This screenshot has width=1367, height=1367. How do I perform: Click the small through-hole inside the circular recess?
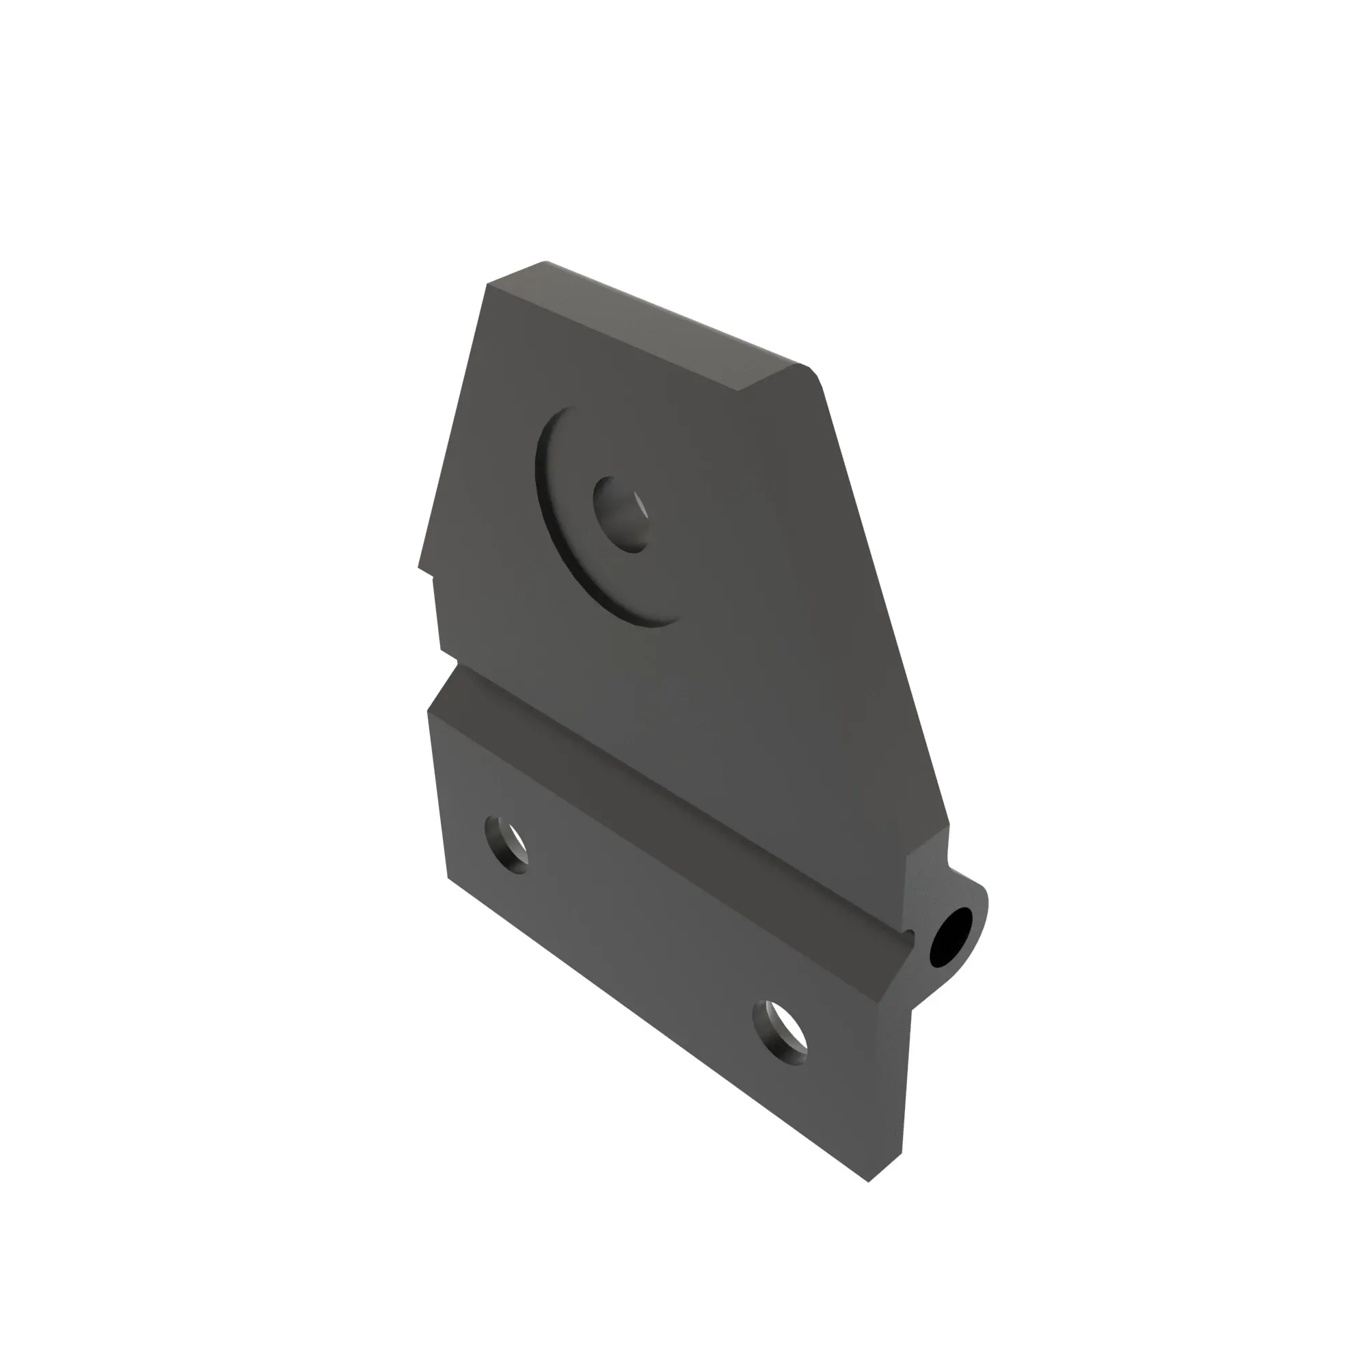pos(621,515)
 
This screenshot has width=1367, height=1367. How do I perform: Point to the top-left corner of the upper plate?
pos(488,284)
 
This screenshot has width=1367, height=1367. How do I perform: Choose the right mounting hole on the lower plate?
pos(780,1032)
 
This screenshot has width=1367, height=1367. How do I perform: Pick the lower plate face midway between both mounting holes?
pos(644,941)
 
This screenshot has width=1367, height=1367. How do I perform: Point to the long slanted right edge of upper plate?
pos(884,601)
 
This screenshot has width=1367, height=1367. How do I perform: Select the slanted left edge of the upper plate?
pos(453,424)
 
